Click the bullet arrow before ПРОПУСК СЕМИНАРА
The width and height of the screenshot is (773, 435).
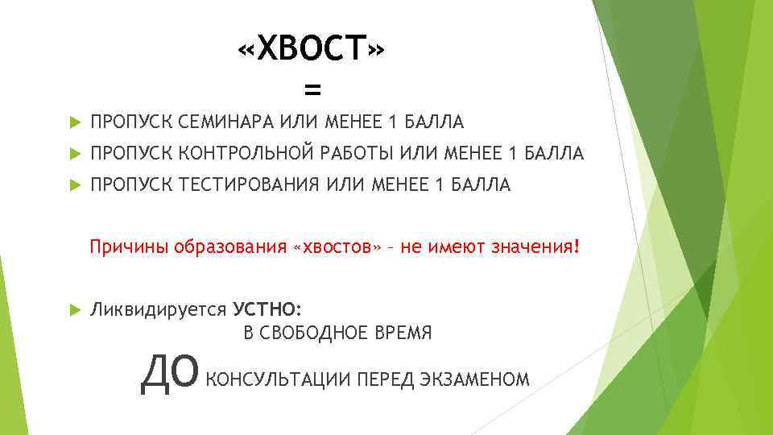click(x=74, y=122)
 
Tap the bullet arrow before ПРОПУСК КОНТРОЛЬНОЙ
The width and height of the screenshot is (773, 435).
click(x=74, y=153)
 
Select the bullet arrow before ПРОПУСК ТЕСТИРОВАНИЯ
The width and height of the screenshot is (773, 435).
click(x=74, y=185)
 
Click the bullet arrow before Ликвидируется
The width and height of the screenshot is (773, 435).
click(x=74, y=309)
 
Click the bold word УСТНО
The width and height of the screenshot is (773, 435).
click(x=267, y=309)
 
